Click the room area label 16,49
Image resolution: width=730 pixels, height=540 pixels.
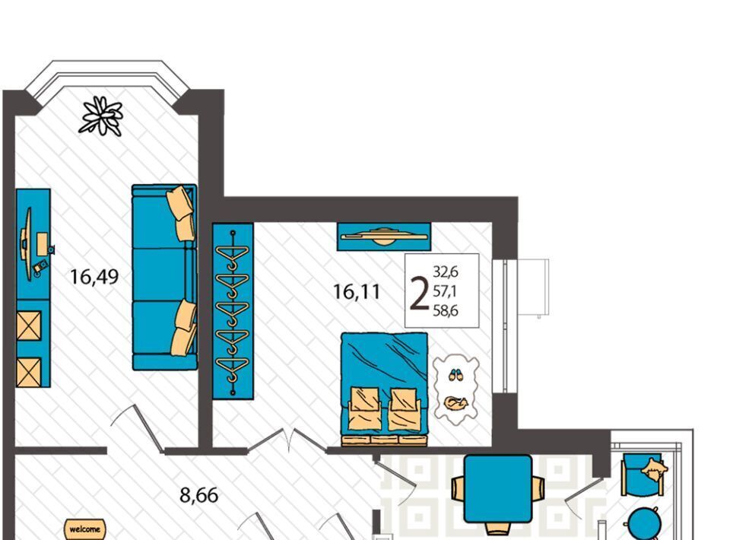pos(94,277)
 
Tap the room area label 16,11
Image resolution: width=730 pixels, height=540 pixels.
pos(357,292)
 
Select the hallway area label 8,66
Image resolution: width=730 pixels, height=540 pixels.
pos(198,495)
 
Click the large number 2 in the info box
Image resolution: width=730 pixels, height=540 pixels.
pos(419,293)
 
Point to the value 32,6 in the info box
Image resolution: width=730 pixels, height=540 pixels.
pos(446,271)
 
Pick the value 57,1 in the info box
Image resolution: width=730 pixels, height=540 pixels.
pos(445,291)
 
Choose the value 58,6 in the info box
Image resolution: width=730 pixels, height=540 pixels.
pos(446,310)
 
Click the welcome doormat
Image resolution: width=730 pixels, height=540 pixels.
pos(84,529)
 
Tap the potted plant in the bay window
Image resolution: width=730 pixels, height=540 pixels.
pos(101,116)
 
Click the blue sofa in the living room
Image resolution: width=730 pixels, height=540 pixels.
pos(164,277)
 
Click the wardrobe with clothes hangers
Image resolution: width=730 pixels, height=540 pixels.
pos(233,311)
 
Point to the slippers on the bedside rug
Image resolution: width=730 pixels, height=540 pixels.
pos(455,374)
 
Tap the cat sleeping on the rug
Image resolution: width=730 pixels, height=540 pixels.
pos(455,403)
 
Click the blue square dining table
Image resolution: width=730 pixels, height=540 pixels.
pos(498,489)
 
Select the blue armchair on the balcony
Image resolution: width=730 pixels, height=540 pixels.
pos(645,474)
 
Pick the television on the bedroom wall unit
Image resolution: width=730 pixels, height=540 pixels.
pos(383,236)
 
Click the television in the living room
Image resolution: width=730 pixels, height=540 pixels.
pos(27,244)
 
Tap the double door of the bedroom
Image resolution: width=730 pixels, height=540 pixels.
pos(287,440)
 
